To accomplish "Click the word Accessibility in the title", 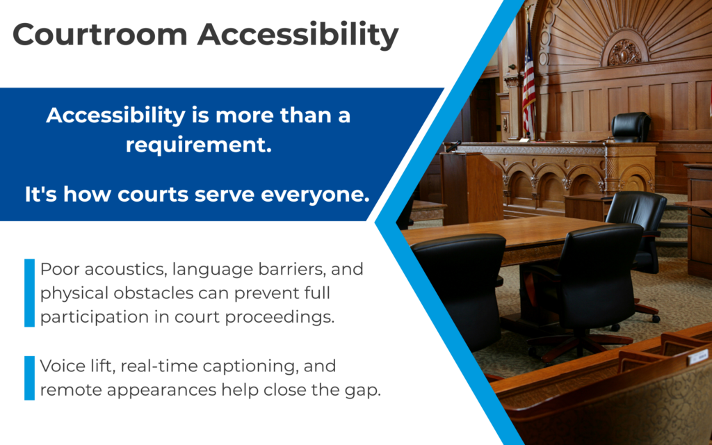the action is click(298, 34).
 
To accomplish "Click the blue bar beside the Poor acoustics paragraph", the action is click(29, 293).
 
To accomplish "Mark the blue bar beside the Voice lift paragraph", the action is click(29, 378).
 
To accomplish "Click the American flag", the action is click(528, 83).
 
